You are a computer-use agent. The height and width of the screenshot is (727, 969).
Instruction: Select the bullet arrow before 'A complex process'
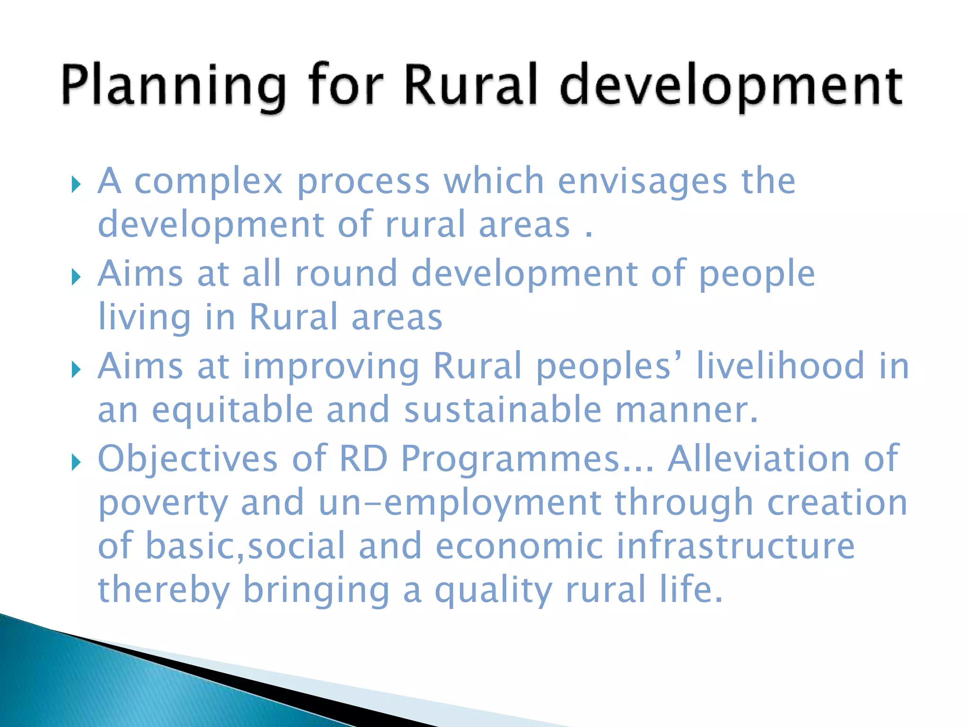pyautogui.click(x=76, y=185)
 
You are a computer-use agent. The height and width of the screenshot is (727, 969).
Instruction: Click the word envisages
pyautogui.click(x=642, y=181)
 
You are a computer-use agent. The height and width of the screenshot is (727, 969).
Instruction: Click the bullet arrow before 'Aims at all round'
pyautogui.click(x=76, y=277)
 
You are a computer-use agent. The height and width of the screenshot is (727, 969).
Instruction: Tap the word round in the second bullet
pyautogui.click(x=346, y=273)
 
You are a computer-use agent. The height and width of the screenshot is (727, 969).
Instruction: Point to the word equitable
pyautogui.click(x=232, y=410)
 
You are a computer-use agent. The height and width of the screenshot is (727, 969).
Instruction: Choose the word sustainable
pyautogui.click(x=502, y=409)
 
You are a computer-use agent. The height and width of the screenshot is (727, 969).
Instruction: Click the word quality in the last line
pyautogui.click(x=493, y=591)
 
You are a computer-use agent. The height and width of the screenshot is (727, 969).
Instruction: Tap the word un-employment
pyautogui.click(x=459, y=504)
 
